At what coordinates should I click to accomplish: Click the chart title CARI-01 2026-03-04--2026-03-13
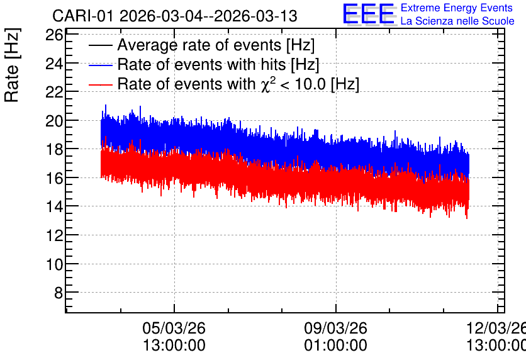pyautogui.click(x=175, y=16)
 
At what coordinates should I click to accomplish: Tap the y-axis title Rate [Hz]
pyautogui.click(x=12, y=65)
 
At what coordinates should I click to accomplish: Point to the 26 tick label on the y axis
pyautogui.click(x=54, y=35)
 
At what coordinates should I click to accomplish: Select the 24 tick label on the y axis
pyautogui.click(x=54, y=64)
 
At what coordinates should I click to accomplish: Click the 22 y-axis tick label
pyautogui.click(x=54, y=92)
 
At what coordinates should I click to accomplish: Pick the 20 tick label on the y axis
pyautogui.click(x=54, y=121)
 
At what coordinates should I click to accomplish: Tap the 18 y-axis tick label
pyautogui.click(x=54, y=149)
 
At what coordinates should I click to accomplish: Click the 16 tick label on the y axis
pyautogui.click(x=54, y=178)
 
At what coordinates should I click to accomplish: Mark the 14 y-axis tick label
pyautogui.click(x=54, y=206)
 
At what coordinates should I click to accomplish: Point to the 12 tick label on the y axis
pyautogui.click(x=54, y=235)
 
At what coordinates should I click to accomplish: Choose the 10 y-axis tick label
pyautogui.click(x=54, y=264)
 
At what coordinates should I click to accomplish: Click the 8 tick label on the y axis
pyautogui.click(x=59, y=293)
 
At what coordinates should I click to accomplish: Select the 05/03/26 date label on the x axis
pyautogui.click(x=174, y=328)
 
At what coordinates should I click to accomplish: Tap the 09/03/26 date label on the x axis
pyautogui.click(x=336, y=328)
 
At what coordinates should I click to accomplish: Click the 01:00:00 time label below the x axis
pyautogui.click(x=336, y=346)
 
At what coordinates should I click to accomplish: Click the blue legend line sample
pyautogui.click(x=101, y=65)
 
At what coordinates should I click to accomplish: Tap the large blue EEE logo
pyautogui.click(x=369, y=14)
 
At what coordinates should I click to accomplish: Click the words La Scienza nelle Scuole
pyautogui.click(x=457, y=21)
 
